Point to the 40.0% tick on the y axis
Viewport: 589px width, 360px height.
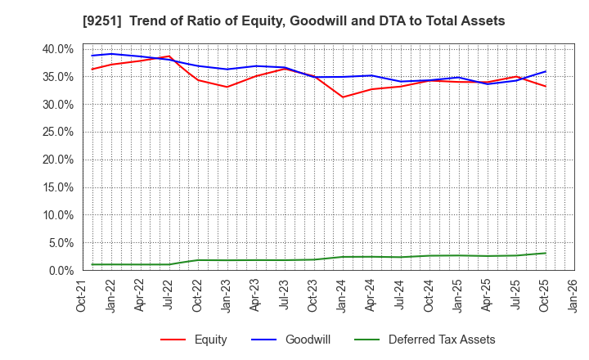click(x=57, y=49)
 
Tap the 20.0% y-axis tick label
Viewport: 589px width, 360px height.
click(x=57, y=160)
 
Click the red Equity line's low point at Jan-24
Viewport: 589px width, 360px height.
click(x=343, y=97)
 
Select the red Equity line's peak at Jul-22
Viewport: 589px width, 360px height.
click(x=169, y=56)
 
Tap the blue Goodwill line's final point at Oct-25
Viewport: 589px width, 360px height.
click(x=546, y=71)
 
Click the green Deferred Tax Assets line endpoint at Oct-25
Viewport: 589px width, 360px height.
click(x=546, y=253)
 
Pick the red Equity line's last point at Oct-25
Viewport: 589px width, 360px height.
click(x=546, y=86)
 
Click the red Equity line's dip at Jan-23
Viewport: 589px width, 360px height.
click(x=227, y=87)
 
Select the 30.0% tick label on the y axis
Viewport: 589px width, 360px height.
click(x=57, y=104)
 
